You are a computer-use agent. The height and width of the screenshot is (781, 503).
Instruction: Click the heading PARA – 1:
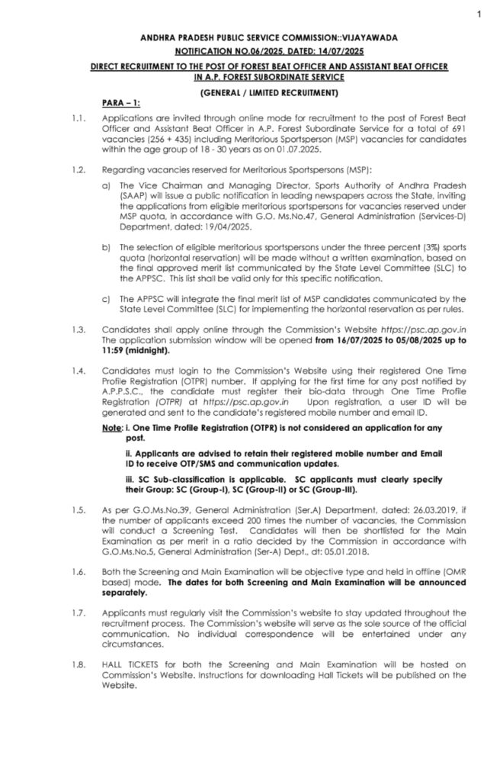tap(119, 102)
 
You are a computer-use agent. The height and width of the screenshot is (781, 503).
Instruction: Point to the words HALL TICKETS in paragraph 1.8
tap(127, 665)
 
